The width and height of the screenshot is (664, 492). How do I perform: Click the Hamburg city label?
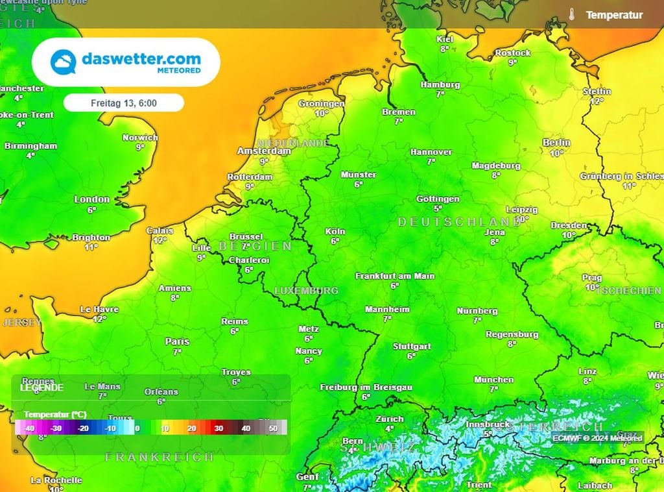pyautogui.click(x=440, y=85)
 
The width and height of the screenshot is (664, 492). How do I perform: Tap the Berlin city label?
pyautogui.click(x=556, y=143)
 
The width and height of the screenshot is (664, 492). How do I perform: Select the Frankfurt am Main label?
pyautogui.click(x=394, y=276)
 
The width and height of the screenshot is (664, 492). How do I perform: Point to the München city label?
pyautogui.click(x=493, y=380)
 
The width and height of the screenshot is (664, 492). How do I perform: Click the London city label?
pyautogui.click(x=91, y=199)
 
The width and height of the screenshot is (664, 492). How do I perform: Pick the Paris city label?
pyautogui.click(x=177, y=341)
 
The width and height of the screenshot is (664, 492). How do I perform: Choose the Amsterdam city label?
pyautogui.click(x=264, y=151)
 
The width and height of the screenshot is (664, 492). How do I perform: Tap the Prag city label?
pyautogui.click(x=592, y=277)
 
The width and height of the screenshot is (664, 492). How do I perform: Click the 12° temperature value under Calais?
pyautogui.click(x=160, y=240)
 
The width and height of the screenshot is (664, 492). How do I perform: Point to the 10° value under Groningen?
pyautogui.click(x=322, y=113)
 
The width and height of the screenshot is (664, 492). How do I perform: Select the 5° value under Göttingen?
pyautogui.click(x=438, y=208)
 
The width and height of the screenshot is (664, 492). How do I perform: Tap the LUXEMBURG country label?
pyautogui.click(x=306, y=291)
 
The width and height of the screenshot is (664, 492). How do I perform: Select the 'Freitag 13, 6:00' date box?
pyautogui.click(x=123, y=103)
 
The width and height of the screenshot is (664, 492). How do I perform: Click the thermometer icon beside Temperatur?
pyautogui.click(x=571, y=14)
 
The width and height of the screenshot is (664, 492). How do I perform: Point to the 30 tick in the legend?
pyautogui.click(x=219, y=428)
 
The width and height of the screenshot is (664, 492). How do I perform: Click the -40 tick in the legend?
pyautogui.click(x=28, y=428)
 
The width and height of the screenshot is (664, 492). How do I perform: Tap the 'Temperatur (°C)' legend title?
pyautogui.click(x=55, y=414)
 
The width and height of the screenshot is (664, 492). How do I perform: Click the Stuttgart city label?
pyautogui.click(x=412, y=347)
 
